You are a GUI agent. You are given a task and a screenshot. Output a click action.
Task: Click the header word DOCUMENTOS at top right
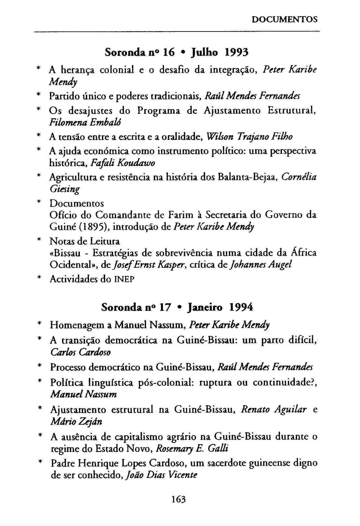(x=284, y=19)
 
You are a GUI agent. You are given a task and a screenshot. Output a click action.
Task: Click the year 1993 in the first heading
(x=237, y=52)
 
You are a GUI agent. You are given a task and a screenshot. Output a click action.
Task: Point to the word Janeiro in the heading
(x=205, y=307)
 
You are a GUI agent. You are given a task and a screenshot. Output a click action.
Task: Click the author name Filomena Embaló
(x=86, y=122)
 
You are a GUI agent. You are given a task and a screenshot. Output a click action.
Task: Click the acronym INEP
(x=124, y=279)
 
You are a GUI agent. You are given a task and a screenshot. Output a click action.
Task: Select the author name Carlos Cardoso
(x=81, y=352)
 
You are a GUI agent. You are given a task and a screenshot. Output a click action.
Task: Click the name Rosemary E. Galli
(x=192, y=449)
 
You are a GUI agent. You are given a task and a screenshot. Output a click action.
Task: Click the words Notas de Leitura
(x=84, y=241)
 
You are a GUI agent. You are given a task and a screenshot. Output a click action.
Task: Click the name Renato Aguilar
(x=274, y=409)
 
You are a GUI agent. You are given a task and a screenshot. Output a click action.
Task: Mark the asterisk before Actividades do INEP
(x=39, y=279)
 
